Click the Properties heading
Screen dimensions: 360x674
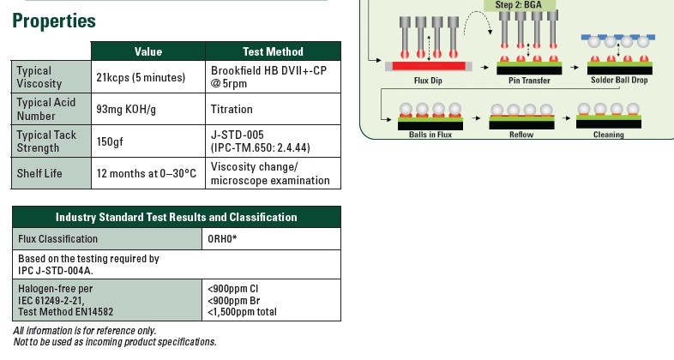[x=54, y=21]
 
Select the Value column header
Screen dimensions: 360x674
[x=147, y=51]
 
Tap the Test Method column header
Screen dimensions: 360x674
[x=273, y=51]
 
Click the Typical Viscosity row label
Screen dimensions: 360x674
[x=34, y=77]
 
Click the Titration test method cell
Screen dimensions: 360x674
[x=232, y=110]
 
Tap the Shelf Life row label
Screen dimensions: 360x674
[x=39, y=174]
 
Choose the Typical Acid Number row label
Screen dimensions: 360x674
[x=46, y=109]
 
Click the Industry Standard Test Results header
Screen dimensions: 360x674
[x=177, y=217]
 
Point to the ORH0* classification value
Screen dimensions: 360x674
[x=222, y=239]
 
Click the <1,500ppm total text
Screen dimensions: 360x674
[x=243, y=312]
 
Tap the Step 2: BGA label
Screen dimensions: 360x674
[x=525, y=5]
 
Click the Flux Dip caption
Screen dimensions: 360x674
[x=426, y=81]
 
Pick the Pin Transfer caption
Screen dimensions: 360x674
[x=529, y=81]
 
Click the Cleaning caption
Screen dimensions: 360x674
[x=609, y=135]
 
